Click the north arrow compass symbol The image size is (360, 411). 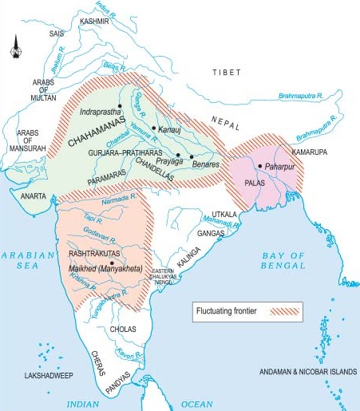click(17, 50)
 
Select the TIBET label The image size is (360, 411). click(226, 72)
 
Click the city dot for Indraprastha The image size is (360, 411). click(119, 106)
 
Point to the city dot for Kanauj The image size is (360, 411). click(153, 127)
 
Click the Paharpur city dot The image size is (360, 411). click(260, 166)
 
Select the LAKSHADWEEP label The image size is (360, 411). click(49, 373)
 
